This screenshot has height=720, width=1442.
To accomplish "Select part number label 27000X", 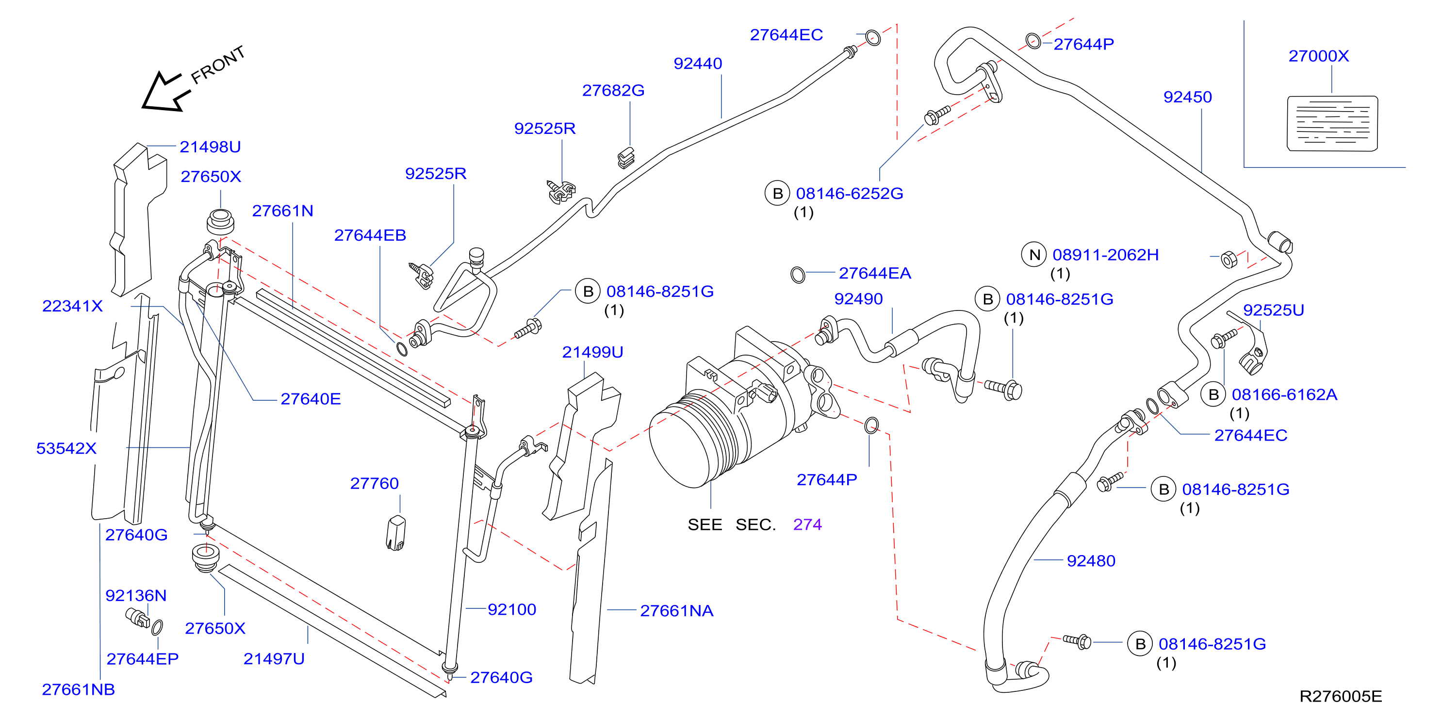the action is pos(1318,56).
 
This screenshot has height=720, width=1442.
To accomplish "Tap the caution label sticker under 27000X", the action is pos(1332,124).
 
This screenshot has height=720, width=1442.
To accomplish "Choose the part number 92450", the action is pos(1187,97).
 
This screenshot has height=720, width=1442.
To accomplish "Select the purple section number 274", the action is pos(807,524).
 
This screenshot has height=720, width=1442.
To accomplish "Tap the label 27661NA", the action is pos(676,611).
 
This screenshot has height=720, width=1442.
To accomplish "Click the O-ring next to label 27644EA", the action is pos(798,275).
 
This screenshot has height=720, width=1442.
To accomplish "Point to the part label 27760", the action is pos(374,483).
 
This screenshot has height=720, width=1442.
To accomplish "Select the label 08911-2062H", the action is pos(1106,255).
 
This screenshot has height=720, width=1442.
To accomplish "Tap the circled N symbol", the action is pos(1034,255).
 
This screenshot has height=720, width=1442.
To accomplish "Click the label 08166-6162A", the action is pos(1284,395).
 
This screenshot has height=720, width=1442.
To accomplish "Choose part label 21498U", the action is pos(210,147).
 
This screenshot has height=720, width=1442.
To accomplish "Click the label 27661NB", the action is pos(79,689).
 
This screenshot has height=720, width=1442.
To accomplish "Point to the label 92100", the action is pos(512,609).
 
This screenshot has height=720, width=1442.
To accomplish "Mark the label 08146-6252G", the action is pos(849,193).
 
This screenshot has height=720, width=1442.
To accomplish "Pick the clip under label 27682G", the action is pos(626,158).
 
